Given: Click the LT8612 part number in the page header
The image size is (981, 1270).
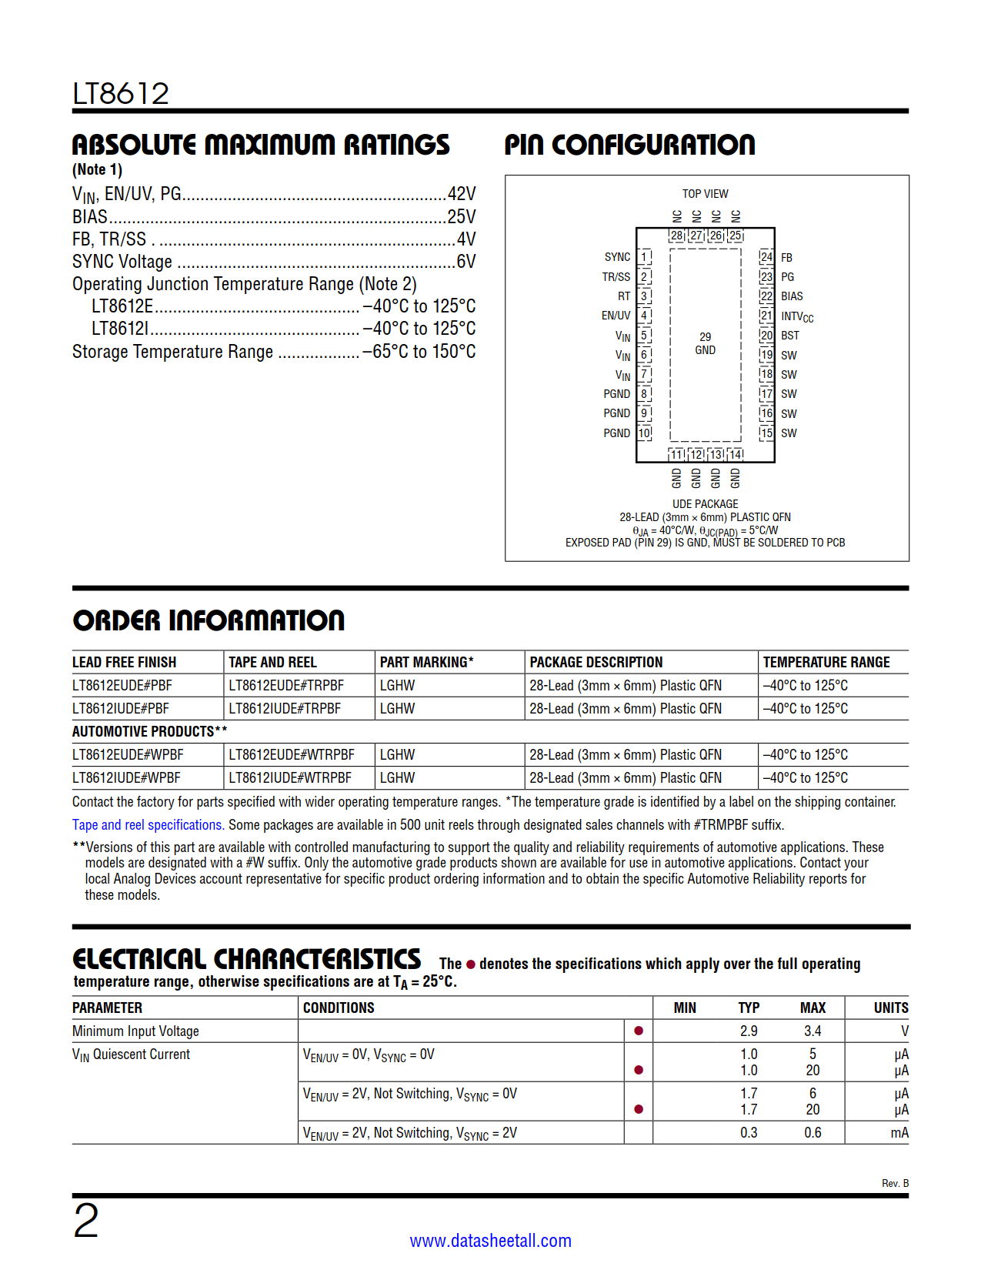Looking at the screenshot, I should point(121,94).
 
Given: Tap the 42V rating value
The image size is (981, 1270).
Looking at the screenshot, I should point(462,194).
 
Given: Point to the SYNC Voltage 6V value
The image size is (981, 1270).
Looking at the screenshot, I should point(465,262).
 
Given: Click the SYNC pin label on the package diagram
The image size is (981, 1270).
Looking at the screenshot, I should point(617,257).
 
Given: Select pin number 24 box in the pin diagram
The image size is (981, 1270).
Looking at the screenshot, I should point(766,257).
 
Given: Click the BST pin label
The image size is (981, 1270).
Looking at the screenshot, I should point(790,336).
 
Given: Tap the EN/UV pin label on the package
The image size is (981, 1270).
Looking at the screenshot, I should point(616,316).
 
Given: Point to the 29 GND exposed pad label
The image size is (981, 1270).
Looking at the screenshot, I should point(705,343).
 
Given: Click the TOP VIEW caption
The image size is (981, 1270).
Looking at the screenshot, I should point(705,194).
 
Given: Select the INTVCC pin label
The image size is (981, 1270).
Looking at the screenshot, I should point(796,316).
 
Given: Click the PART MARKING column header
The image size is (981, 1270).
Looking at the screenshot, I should point(426,662).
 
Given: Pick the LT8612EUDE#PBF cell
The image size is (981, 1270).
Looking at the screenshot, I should point(122,685).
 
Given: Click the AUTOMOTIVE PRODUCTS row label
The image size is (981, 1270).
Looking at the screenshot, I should point(149,731).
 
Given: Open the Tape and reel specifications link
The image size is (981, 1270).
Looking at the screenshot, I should point(148,824).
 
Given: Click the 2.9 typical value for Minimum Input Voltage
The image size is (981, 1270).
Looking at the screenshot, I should point(749,1031).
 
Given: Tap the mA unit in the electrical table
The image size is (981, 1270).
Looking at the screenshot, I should point(899,1132).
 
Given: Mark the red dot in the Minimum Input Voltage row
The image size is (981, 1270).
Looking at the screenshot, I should point(639,1031).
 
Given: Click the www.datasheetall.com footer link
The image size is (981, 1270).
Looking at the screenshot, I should point(490,1241).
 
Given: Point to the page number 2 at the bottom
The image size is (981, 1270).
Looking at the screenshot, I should point(85,1221).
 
